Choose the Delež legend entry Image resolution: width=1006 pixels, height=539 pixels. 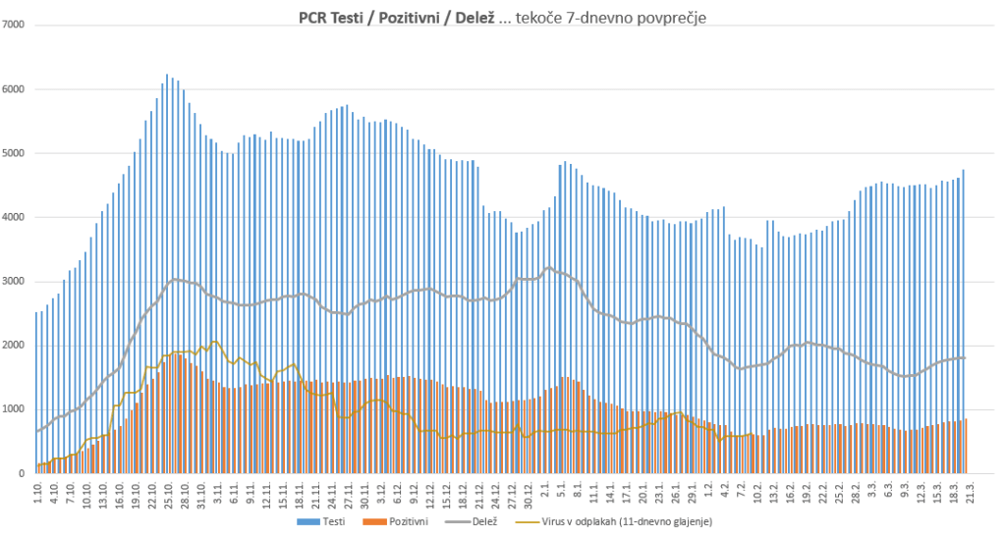click(x=480, y=520)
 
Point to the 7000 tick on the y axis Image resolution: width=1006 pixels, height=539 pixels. click(x=15, y=25)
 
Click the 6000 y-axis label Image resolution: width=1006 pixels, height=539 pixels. click(x=15, y=89)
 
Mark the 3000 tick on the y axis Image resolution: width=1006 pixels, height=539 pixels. click(x=15, y=282)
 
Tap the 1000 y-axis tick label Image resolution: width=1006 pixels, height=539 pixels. click(x=15, y=410)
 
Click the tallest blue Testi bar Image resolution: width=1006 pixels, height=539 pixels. click(x=167, y=275)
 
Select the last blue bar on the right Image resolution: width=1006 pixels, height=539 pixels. click(x=964, y=324)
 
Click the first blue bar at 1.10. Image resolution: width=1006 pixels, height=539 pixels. click(x=36, y=393)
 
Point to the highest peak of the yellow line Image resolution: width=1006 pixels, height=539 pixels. click(x=215, y=342)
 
